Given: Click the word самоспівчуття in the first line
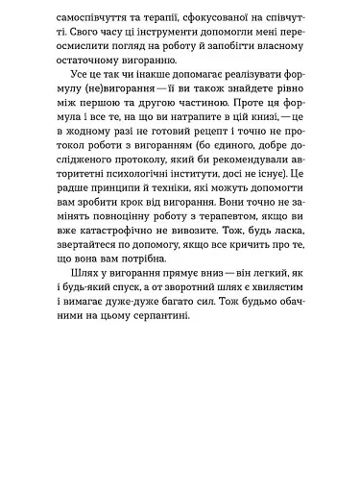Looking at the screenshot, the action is tap(96, 17).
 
